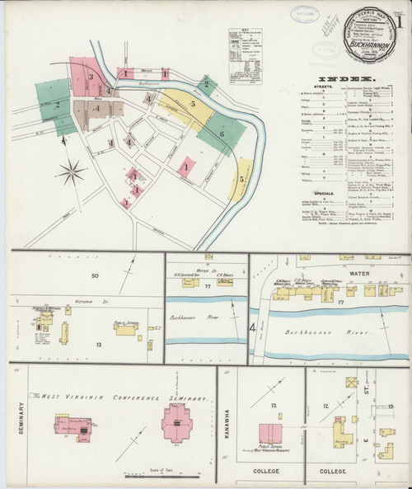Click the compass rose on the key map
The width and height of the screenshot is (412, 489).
click(73, 174)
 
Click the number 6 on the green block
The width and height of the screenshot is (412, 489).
click(222, 132)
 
